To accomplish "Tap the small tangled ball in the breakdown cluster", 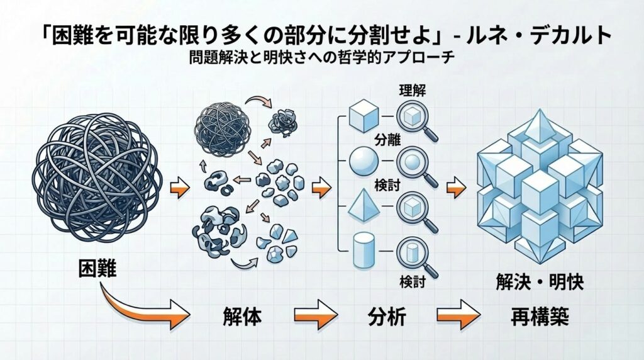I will [218, 121].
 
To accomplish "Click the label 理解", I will [413, 90].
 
